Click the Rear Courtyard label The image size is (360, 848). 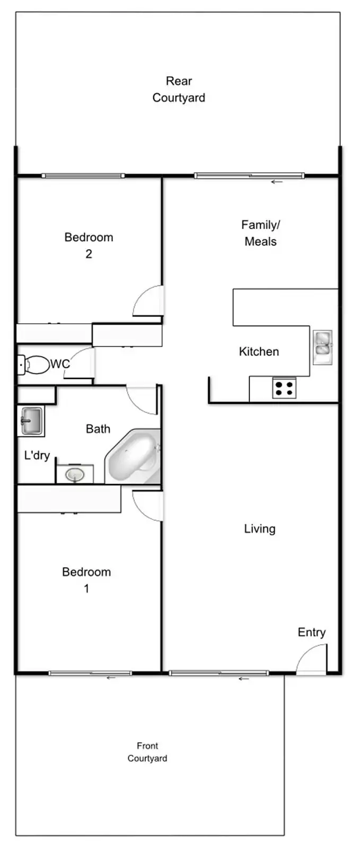179,89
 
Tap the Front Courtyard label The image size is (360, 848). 147,752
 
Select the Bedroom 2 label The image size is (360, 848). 89,245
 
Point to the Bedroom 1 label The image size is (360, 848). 86,580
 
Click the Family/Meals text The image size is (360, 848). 260,233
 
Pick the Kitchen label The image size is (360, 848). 259,351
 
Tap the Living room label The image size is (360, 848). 259,528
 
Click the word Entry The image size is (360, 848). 311,632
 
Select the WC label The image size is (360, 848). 60,364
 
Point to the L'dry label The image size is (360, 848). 37,455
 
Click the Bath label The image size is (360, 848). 98,428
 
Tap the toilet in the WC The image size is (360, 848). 33,364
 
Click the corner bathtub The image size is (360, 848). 134,457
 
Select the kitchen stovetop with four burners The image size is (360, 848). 284,388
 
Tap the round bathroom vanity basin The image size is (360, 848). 75,474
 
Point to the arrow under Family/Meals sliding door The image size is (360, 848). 276,182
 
